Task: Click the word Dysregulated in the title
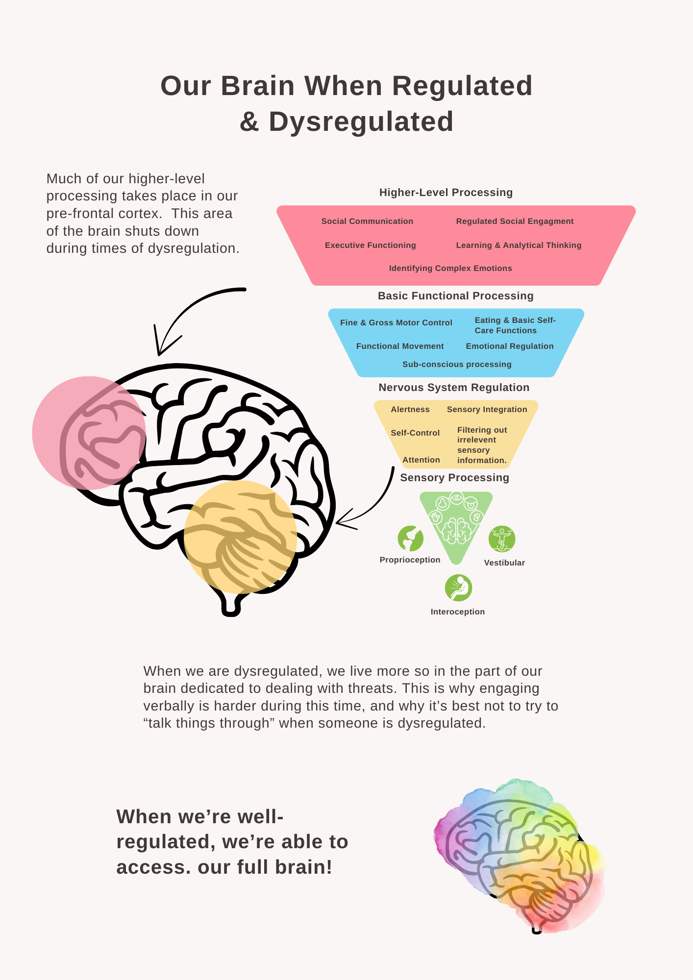[361, 122]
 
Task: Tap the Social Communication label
[367, 221]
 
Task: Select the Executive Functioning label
[370, 245]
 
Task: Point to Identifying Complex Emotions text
[450, 269]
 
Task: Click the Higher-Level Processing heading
[445, 193]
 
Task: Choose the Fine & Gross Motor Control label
[396, 323]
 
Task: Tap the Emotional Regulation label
[510, 346]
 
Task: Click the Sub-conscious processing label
[457, 365]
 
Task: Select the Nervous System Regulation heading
[454, 388]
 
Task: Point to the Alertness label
[410, 410]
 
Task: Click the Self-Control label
[415, 433]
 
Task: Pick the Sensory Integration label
[487, 410]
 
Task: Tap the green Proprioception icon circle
[410, 539]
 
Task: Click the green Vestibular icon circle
[502, 539]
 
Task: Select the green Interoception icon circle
[458, 588]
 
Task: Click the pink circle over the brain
[89, 433]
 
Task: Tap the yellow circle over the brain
[240, 537]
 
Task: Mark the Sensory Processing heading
[454, 478]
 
